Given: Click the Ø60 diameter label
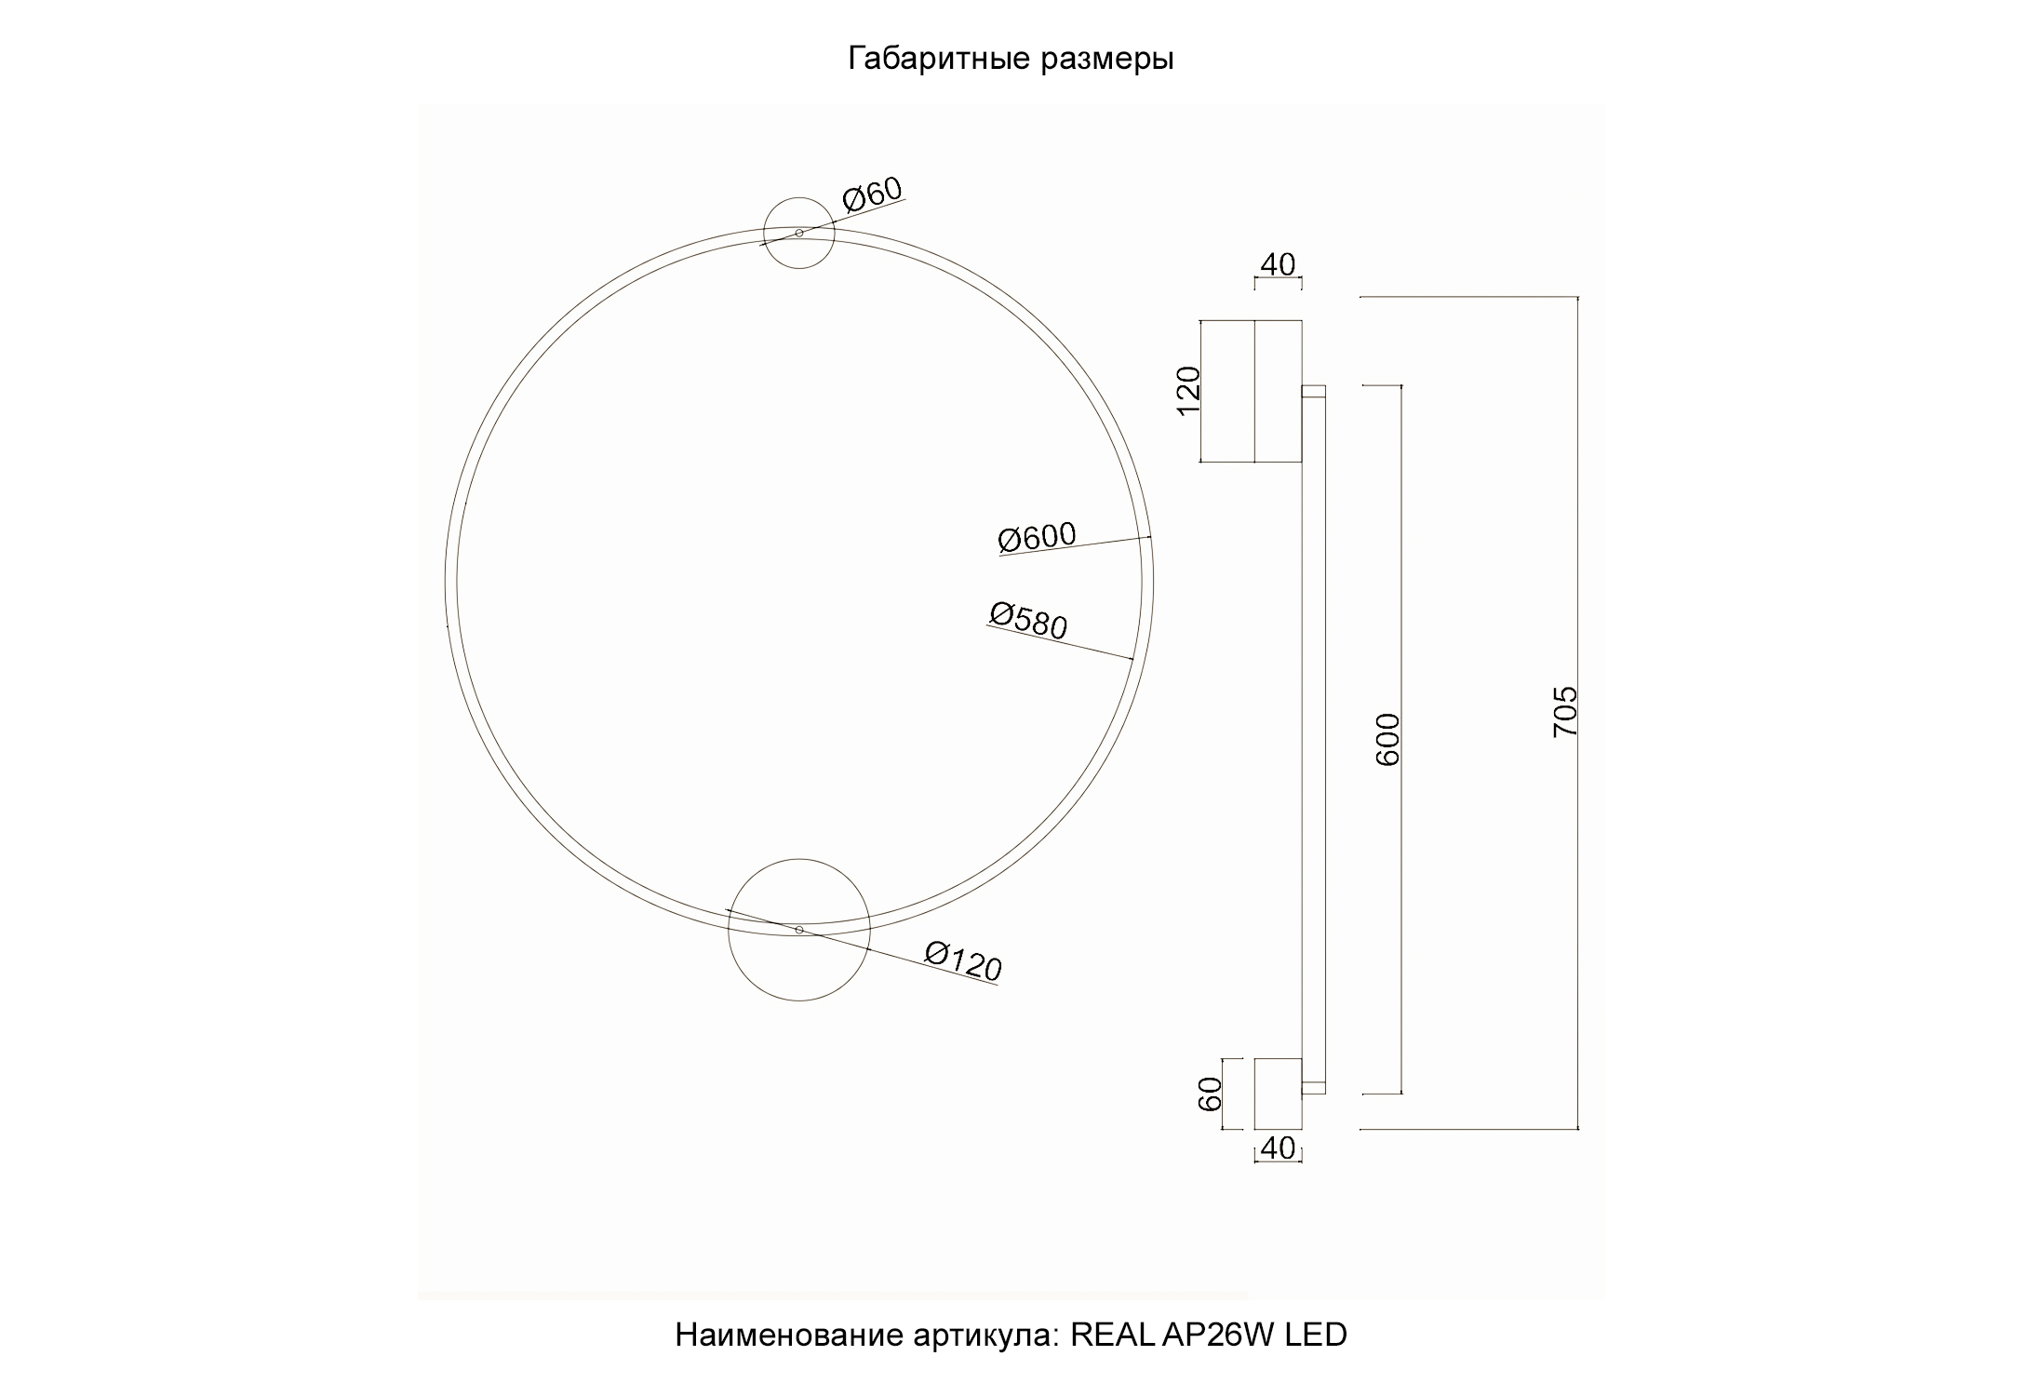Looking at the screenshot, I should point(872,195).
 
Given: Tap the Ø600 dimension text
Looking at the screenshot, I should point(1037,536).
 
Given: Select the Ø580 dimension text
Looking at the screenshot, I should point(1027,621).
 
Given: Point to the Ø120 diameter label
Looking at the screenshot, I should point(963,961).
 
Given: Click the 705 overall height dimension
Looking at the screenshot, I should point(1566,712).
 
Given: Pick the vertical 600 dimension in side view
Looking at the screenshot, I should point(1387,739).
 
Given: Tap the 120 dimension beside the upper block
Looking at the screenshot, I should point(1189,391).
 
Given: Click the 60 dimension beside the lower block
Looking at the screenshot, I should point(1210,1094).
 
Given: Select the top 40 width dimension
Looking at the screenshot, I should point(1278,265).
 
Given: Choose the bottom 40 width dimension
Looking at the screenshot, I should point(1278,1149).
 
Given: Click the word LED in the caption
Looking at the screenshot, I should point(1316,1335).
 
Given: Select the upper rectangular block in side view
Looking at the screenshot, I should point(1252,391).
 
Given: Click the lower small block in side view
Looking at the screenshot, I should point(1278,1094).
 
